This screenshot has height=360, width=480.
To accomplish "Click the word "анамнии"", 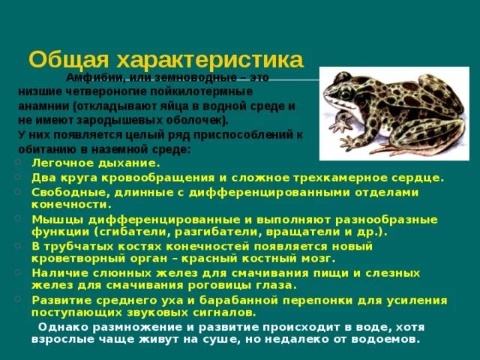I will point(44,106).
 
